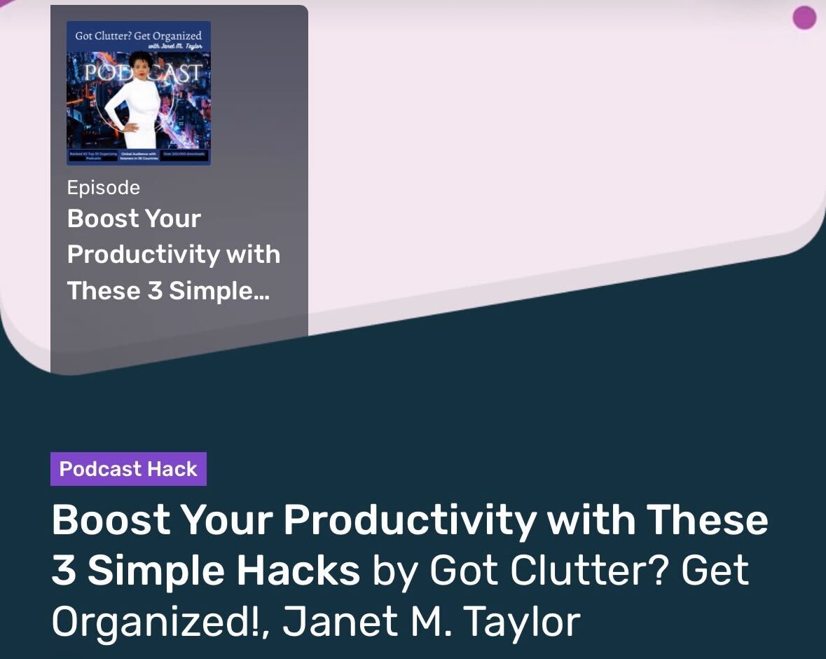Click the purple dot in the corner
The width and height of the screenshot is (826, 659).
point(804,18)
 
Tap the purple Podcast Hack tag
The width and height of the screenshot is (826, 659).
point(128,469)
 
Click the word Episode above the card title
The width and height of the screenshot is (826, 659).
point(103,188)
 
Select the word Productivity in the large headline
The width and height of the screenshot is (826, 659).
point(410,519)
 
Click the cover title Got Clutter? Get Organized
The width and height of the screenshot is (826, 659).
point(139,36)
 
